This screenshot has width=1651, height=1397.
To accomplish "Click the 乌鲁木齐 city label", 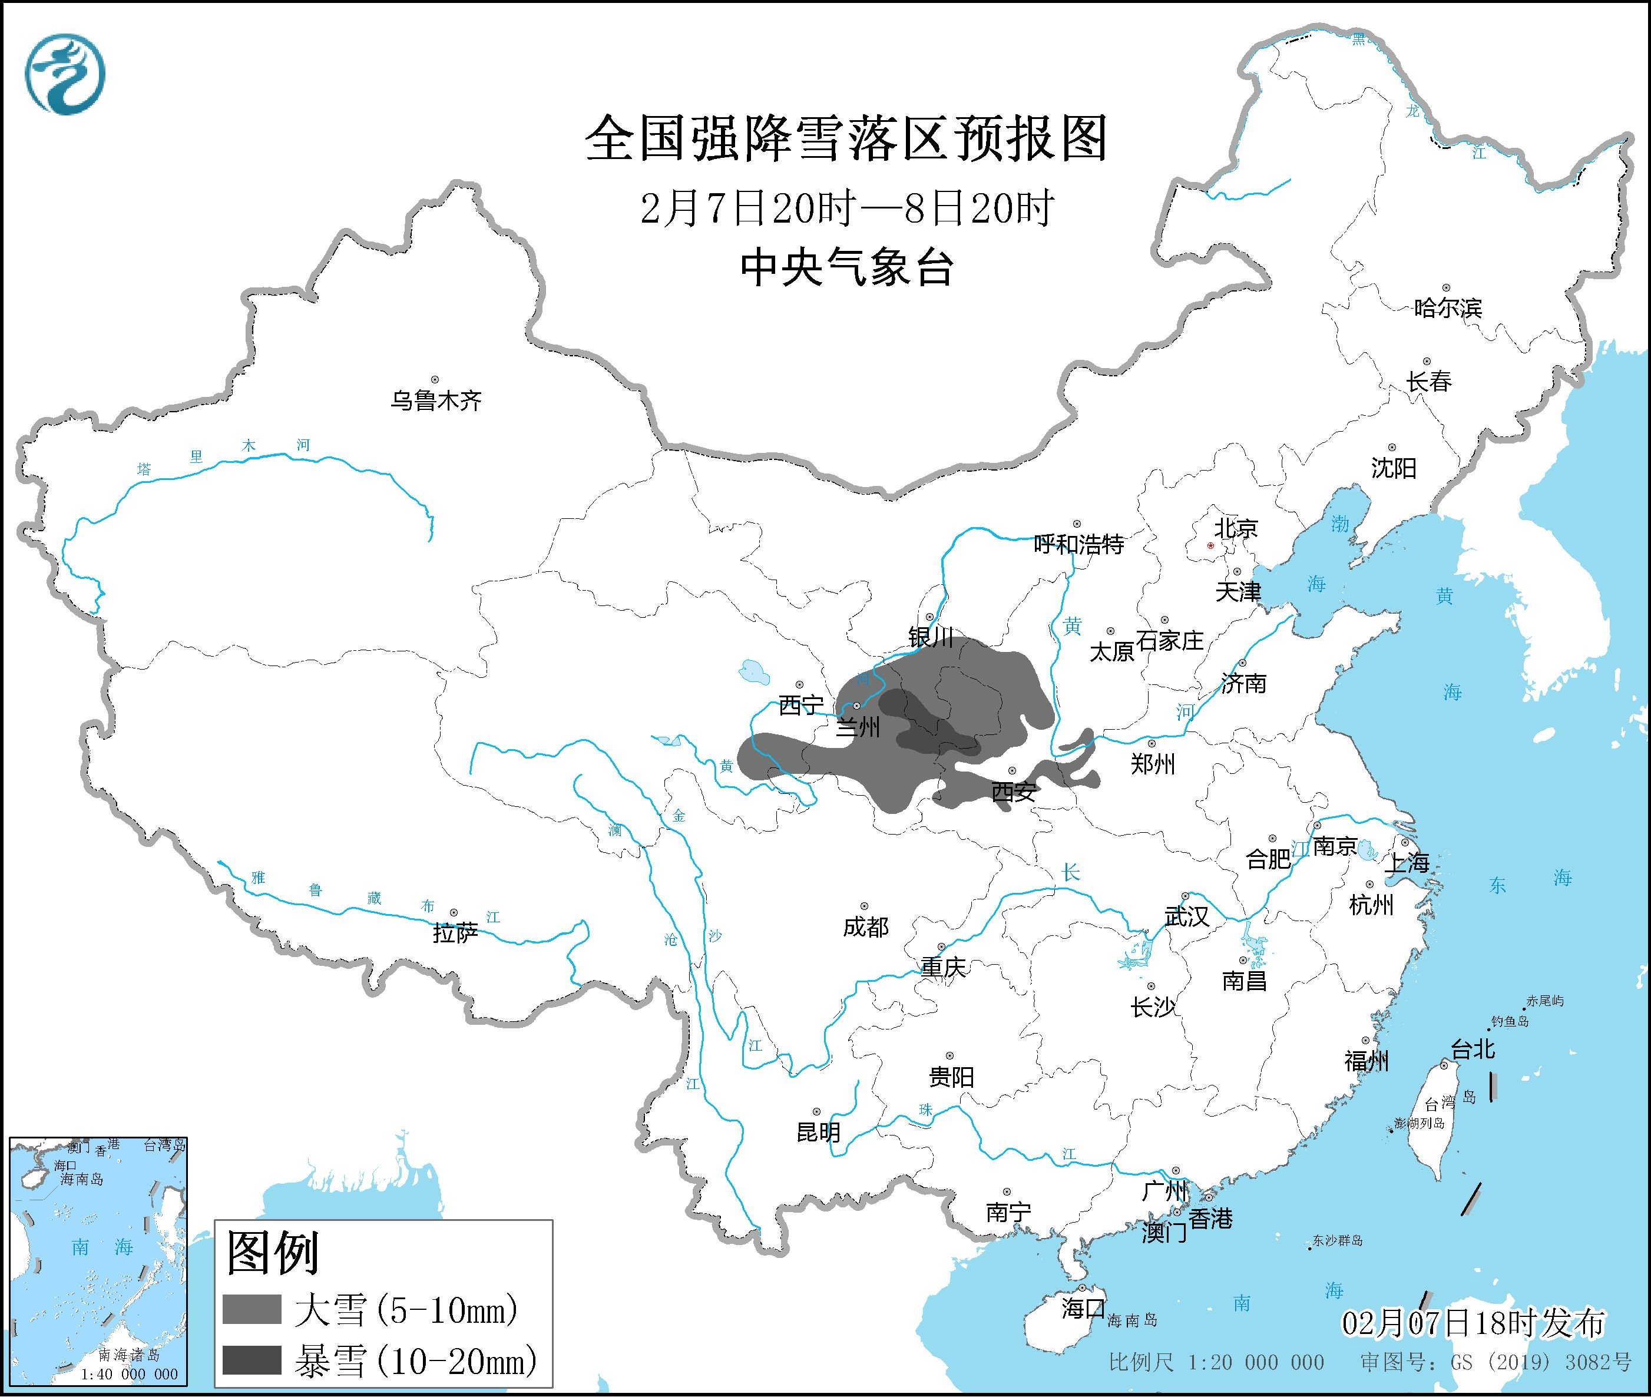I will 435,400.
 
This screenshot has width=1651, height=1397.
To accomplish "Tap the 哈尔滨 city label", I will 1447,308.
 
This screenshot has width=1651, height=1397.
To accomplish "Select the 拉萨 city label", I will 455,933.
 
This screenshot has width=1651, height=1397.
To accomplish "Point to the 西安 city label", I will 1014,791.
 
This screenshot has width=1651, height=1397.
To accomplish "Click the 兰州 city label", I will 858,726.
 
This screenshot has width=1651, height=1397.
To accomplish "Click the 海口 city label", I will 1083,1307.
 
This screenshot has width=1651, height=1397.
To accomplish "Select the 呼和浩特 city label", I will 1078,544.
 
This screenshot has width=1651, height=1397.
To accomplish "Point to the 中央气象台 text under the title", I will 846,267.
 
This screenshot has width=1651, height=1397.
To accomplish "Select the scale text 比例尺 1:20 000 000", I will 1216,1362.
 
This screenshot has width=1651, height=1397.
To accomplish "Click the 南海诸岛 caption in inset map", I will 129,1355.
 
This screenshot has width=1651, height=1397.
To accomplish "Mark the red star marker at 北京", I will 1210,545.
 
